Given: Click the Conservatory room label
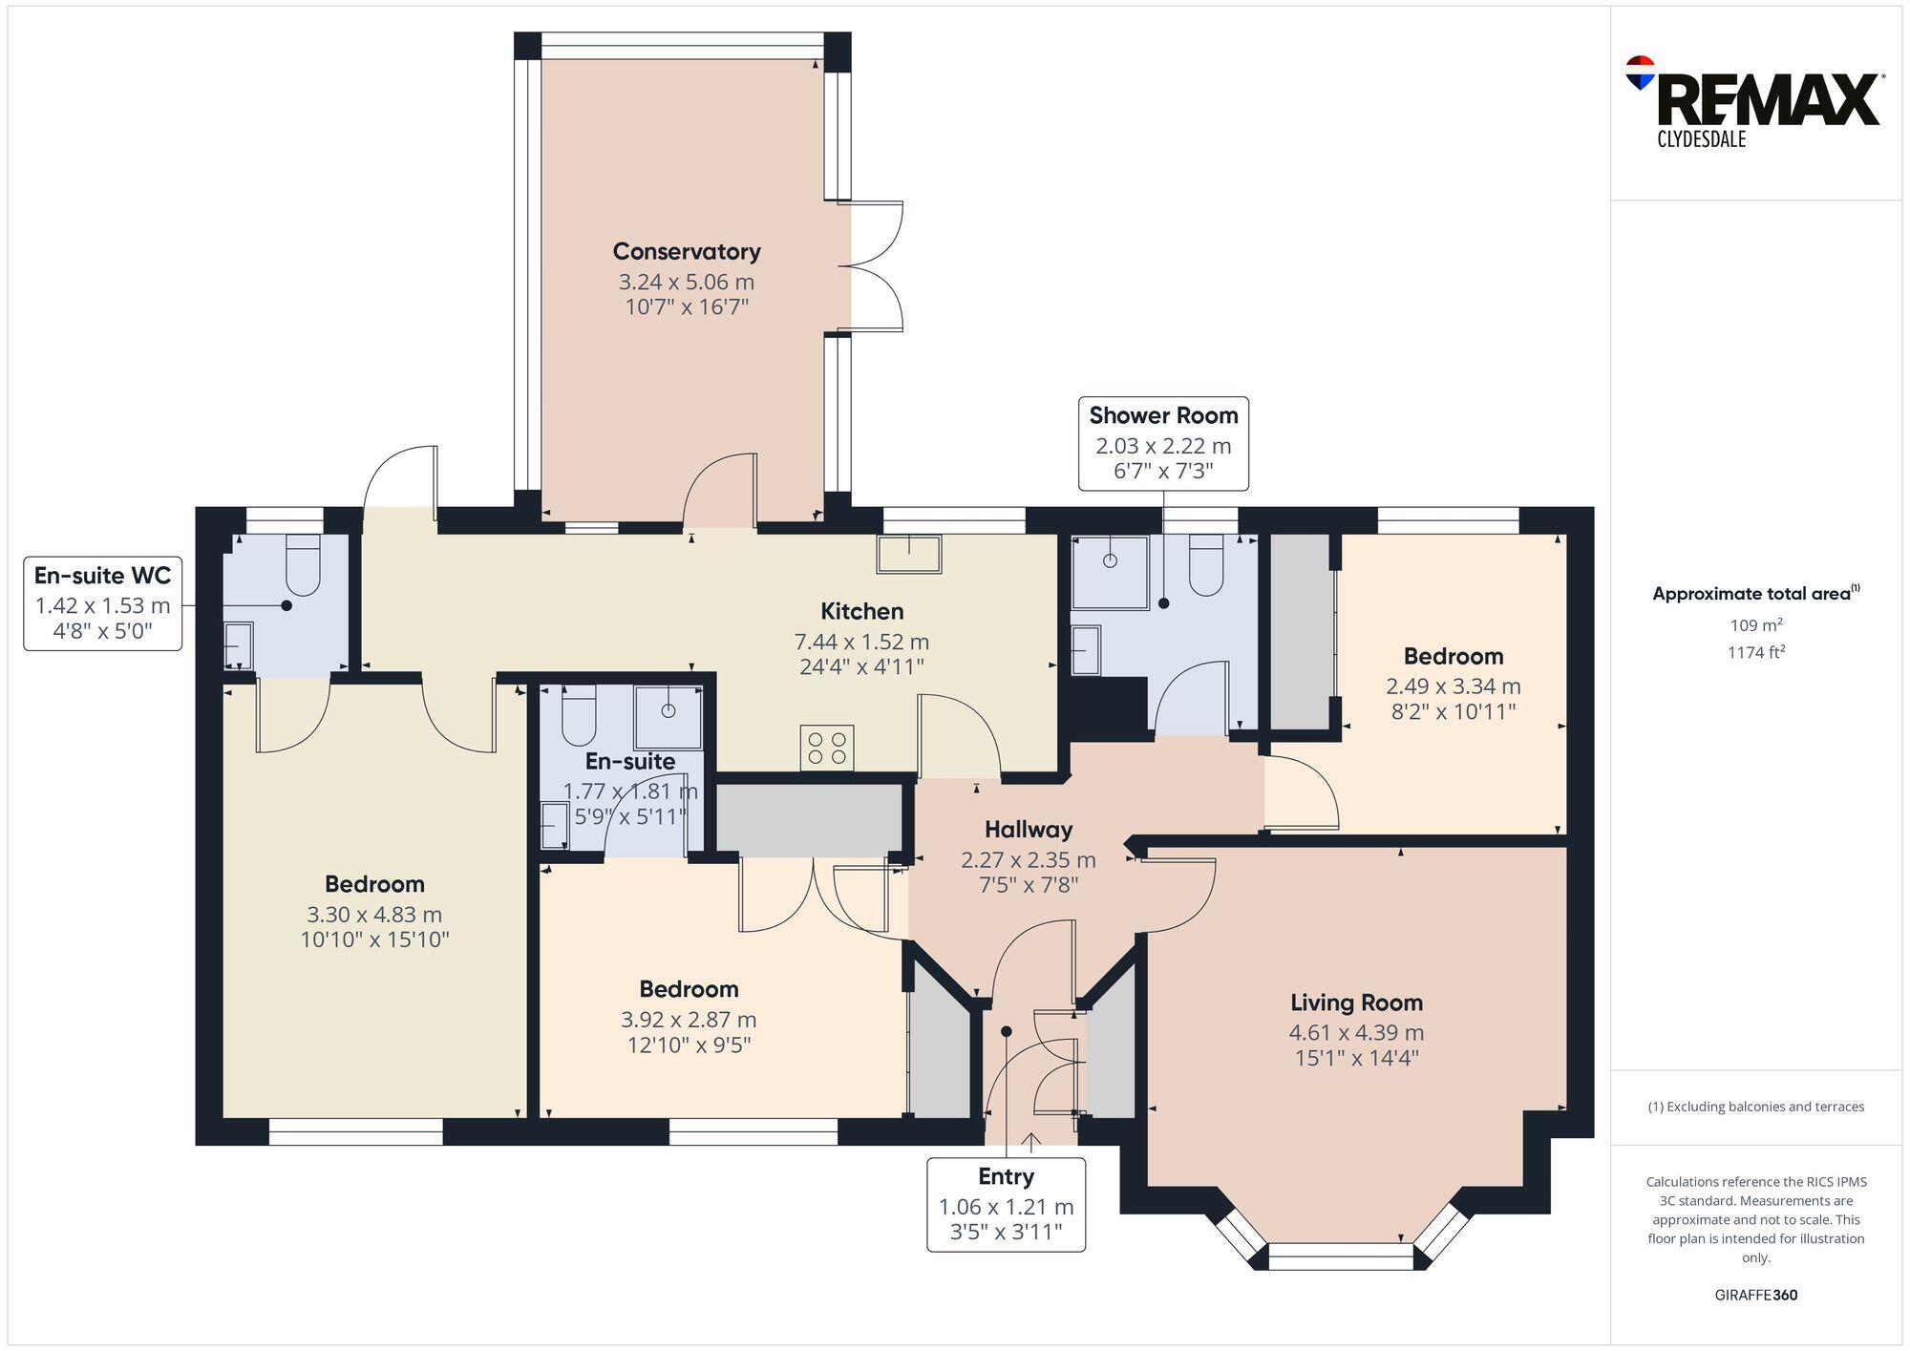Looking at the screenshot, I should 686,252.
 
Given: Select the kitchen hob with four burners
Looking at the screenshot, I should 827,748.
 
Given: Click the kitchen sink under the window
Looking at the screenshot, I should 909,554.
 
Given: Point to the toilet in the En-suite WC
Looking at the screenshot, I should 303,565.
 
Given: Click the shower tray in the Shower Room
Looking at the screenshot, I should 1110,572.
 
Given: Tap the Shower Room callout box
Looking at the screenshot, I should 1163,444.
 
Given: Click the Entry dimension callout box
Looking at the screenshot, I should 1006,1205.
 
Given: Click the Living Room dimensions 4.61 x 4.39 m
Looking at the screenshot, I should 1355,1033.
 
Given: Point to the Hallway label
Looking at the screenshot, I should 1028,830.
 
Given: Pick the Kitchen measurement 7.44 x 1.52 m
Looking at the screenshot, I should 861,643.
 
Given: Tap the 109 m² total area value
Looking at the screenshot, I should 1755,626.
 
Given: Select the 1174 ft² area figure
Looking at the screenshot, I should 1755,653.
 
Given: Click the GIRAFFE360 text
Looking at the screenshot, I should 1755,1296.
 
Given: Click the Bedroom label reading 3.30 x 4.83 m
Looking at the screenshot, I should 374,915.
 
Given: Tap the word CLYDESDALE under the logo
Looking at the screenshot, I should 1701,140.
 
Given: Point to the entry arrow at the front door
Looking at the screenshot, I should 1031,1142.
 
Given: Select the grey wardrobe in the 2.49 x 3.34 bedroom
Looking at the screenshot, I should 1300,631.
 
